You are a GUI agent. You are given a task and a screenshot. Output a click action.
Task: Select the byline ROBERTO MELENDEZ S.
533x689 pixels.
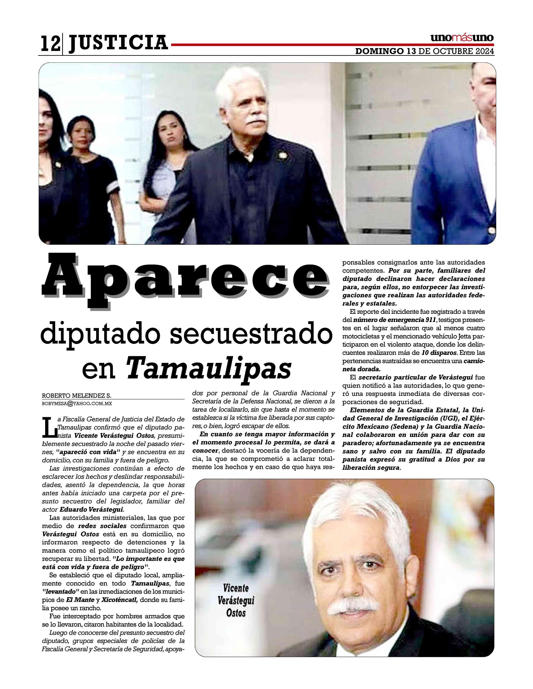[77, 396]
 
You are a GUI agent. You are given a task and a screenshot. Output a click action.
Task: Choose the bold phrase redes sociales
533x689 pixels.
[103, 526]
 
